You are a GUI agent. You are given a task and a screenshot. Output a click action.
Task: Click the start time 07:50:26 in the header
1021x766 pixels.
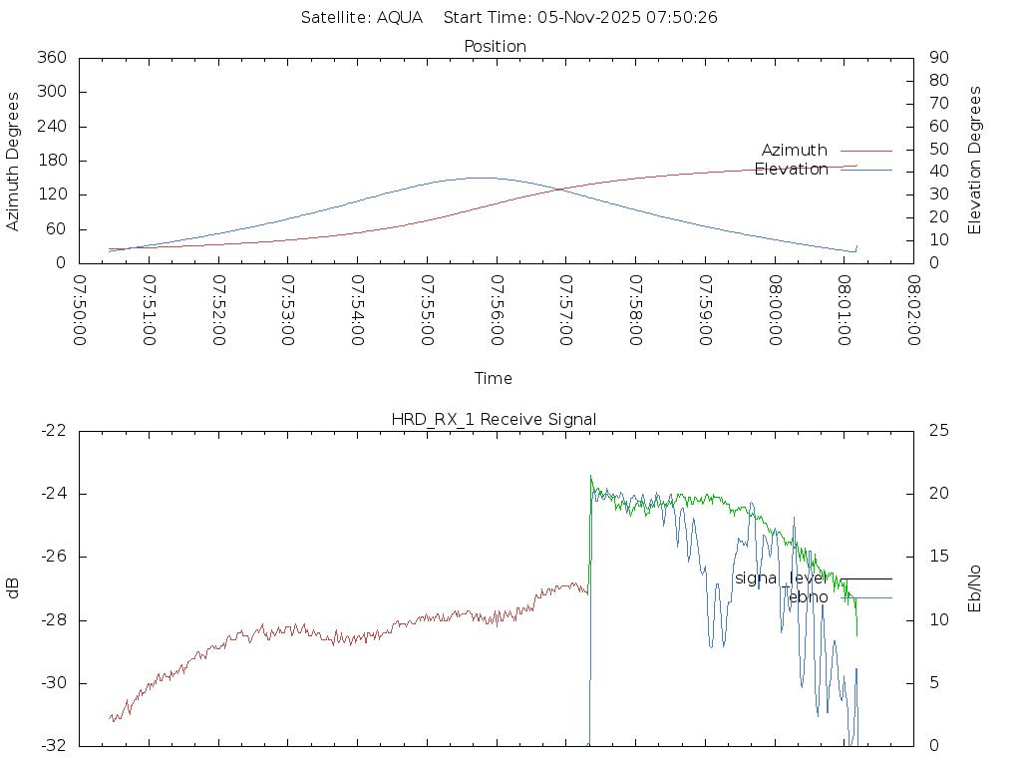coord(685,17)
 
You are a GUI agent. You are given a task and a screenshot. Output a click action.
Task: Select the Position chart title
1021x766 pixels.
coord(496,46)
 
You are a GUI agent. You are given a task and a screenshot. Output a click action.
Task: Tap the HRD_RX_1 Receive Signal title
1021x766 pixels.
coord(494,419)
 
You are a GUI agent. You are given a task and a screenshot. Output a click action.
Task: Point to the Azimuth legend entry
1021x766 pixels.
coord(795,150)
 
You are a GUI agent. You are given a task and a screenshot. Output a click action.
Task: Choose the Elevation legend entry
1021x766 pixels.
coord(792,169)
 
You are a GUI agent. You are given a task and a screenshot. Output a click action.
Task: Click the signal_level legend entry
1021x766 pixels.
coord(781,578)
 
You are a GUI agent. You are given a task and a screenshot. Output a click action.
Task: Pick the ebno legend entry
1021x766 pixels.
coord(805,597)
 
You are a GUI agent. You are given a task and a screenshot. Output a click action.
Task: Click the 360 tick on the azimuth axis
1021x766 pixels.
coord(51,58)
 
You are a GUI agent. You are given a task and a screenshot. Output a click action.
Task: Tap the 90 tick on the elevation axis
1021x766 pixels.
coord(937,58)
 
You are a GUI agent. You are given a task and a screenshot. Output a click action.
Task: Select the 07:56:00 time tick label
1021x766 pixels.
coord(496,310)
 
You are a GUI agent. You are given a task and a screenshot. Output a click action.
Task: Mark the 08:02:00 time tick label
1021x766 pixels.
coord(912,310)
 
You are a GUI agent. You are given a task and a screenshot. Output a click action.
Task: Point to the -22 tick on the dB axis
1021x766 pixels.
coord(52,430)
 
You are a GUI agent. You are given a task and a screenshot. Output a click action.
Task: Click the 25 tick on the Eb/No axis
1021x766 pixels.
coord(938,430)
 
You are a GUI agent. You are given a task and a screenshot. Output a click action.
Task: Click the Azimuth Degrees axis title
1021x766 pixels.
coord(14,161)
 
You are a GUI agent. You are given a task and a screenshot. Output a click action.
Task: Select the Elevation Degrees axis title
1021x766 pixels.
coord(975,160)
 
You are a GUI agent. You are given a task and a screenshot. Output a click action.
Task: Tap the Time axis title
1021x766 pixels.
coord(494,378)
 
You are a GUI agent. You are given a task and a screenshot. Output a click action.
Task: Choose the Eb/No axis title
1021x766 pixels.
coord(975,588)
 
